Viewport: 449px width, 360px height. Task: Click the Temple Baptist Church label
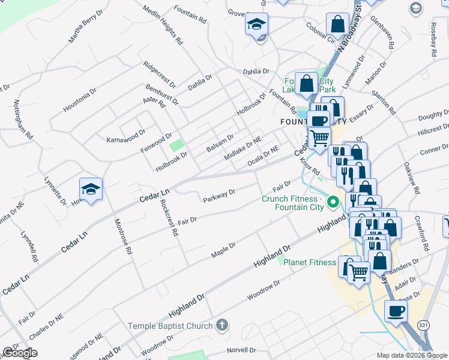pyautogui.click(x=170, y=326)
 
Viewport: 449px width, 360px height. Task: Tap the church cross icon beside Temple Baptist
pyautogui.click(x=221, y=326)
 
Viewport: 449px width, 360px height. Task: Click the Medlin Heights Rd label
pyautogui.click(x=163, y=26)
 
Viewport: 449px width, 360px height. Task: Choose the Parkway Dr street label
pyautogui.click(x=218, y=196)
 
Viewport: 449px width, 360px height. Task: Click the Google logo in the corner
pyautogui.click(x=20, y=353)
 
